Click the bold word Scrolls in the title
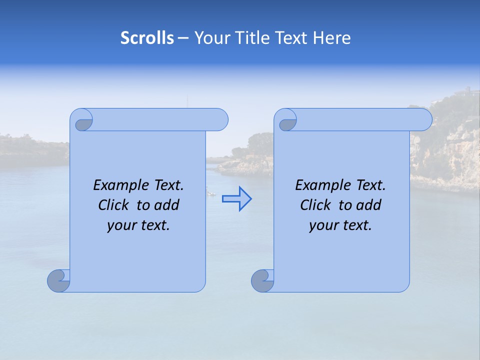147,38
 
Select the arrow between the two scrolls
236,199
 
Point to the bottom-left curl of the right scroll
262,280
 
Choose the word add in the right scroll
369,205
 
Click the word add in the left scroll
167,205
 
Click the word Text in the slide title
292,38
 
